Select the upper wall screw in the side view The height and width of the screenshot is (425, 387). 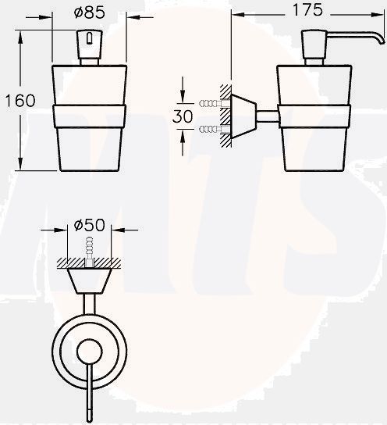[x=210, y=103]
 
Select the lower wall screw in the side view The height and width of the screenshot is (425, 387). [x=210, y=128]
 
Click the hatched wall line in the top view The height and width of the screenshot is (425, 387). [x=90, y=262]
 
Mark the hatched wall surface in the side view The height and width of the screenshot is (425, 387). [x=226, y=116]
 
